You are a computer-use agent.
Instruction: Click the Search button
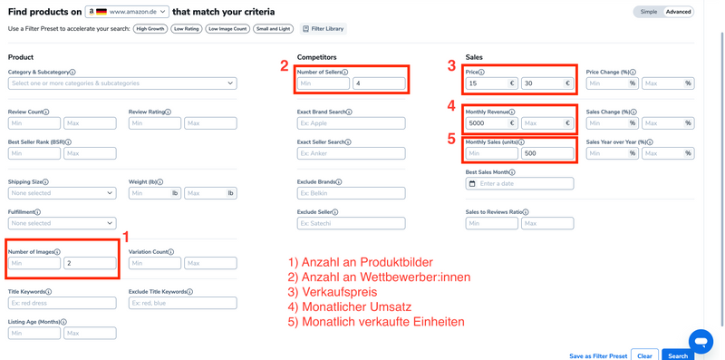coord(678,355)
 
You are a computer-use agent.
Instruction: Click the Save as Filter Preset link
coord(597,355)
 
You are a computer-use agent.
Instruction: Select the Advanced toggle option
coord(678,12)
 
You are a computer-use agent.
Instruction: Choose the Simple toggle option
coord(649,12)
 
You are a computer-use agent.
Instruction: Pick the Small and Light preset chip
coord(272,29)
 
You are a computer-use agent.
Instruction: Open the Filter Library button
coord(323,29)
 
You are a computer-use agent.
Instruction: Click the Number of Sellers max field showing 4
coord(379,83)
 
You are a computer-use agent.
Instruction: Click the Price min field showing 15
coord(490,83)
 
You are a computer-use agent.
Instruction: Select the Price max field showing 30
coord(546,83)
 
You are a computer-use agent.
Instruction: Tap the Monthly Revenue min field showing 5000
coord(490,123)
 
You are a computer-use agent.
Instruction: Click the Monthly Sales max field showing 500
coord(546,154)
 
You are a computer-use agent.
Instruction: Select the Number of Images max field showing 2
coord(90,263)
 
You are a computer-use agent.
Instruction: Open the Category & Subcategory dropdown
coord(122,83)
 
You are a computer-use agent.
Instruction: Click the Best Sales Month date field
coord(519,184)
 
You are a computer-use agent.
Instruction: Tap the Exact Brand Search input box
coord(351,123)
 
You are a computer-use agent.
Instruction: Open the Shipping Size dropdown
coord(62,193)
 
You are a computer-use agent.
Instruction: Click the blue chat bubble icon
coord(701,341)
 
